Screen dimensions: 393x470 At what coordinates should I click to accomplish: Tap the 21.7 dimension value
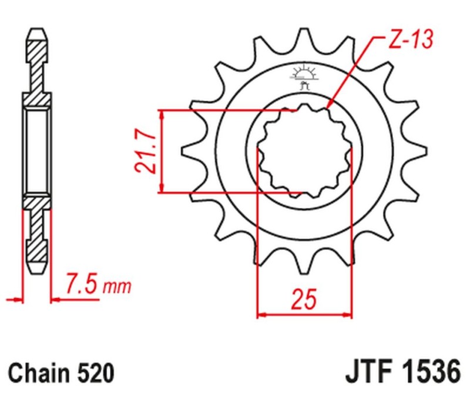[x=145, y=151]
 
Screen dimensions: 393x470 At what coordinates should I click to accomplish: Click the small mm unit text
[x=117, y=288]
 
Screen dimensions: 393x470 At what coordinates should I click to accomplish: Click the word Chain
[x=39, y=374]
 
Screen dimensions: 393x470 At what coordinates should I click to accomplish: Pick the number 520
[x=93, y=374]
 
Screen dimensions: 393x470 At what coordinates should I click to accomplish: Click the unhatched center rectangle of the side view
[x=36, y=151]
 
